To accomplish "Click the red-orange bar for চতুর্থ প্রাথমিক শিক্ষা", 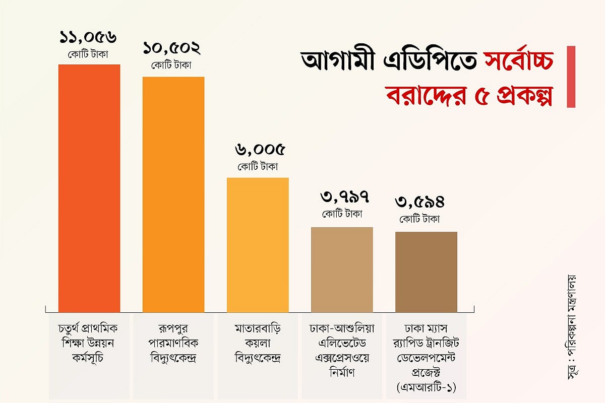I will [x=89, y=189].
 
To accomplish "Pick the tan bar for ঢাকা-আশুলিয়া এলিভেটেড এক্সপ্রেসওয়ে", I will [x=342, y=270].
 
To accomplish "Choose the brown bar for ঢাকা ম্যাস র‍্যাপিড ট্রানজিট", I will [x=426, y=273].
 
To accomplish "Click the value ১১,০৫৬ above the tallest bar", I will [x=89, y=37].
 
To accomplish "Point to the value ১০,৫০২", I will [x=171, y=49].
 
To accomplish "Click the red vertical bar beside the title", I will [x=571, y=77].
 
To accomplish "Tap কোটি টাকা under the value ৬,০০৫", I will [x=258, y=166].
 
